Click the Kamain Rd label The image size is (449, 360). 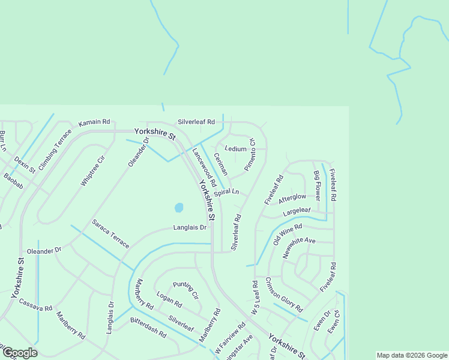click(95, 122)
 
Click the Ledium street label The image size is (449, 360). click(235, 149)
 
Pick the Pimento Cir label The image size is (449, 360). click(250, 155)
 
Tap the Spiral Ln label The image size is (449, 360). click(226, 193)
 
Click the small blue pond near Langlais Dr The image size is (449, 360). click(179, 208)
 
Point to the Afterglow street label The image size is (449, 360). click(292, 197)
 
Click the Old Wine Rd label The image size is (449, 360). click(288, 234)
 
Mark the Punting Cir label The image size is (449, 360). click(185, 291)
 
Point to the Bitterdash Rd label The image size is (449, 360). click(148, 327)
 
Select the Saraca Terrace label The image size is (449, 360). click(110, 234)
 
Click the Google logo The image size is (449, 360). click(19, 353)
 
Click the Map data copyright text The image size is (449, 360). click(412, 355)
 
